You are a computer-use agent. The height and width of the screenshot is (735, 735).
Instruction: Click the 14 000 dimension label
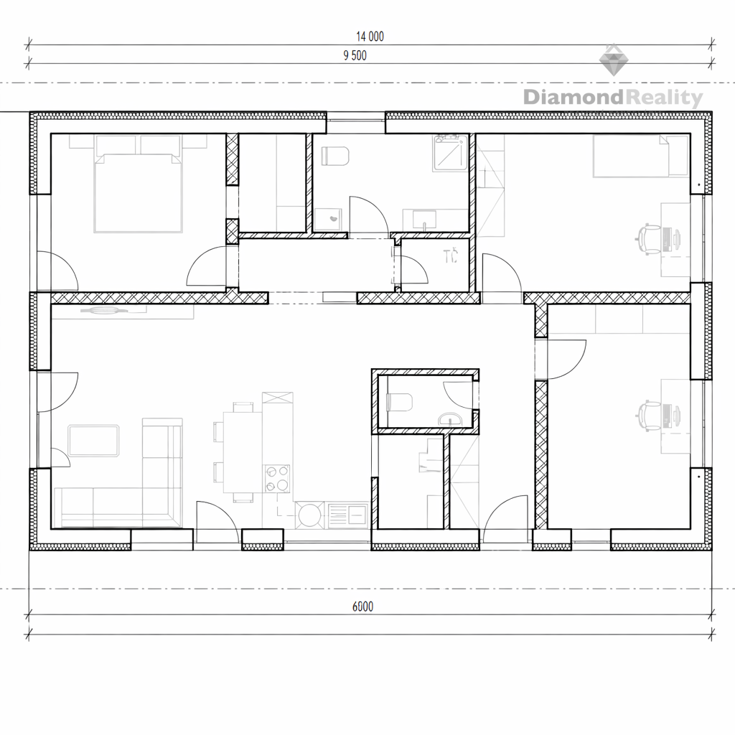coord(370,37)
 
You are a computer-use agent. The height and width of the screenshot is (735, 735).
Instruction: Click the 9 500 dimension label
coord(355,56)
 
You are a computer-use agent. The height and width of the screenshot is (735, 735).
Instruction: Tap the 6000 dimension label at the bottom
coord(362,607)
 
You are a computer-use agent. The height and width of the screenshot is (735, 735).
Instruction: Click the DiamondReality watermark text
coord(613,98)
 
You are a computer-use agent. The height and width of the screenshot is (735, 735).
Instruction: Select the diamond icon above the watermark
coord(614,60)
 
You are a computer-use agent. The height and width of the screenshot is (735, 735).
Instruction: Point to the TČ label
coord(450,256)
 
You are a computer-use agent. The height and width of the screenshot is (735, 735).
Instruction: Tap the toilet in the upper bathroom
coord(336,156)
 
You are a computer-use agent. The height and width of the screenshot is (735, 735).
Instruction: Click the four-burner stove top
coord(277,479)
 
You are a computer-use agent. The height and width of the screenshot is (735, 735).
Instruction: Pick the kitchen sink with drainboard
coord(347,515)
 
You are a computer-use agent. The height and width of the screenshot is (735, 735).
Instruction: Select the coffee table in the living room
coord(93,441)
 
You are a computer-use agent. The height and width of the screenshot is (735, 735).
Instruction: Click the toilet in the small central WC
coord(399,403)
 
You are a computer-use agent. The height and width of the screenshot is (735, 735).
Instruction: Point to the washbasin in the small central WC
coord(450,419)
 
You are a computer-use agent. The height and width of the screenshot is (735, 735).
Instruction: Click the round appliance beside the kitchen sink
coord(309,515)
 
